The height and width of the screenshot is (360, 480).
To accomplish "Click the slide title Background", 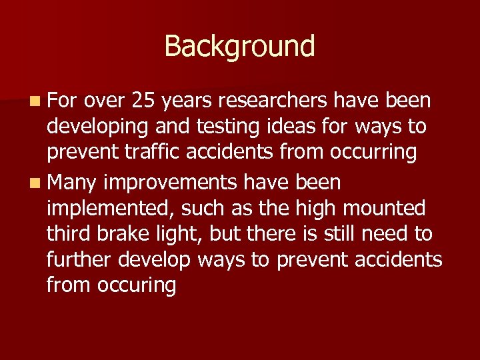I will [x=239, y=46].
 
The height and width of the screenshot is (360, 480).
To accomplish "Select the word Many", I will [x=74, y=182].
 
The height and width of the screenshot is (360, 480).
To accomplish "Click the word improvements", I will [x=174, y=182].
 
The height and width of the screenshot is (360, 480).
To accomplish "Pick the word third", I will [x=69, y=234].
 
